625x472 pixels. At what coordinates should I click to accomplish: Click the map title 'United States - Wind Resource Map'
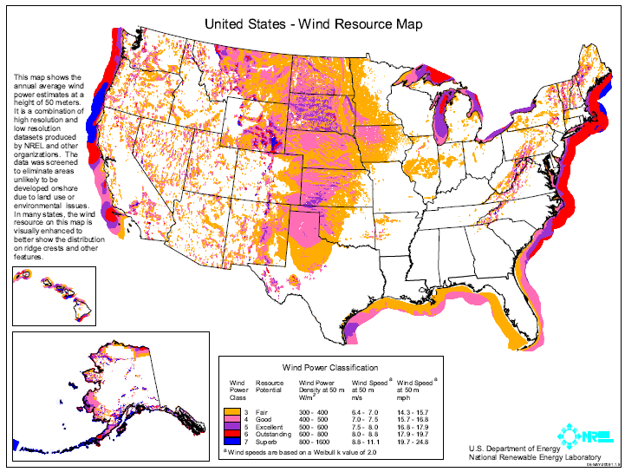[x=313, y=24]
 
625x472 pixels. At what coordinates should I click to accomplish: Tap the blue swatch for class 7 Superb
[x=232, y=442]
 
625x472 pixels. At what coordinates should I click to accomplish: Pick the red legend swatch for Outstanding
[x=232, y=434]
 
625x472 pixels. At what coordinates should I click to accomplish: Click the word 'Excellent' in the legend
[x=270, y=426]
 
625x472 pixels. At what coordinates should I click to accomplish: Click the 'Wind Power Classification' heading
[x=329, y=368]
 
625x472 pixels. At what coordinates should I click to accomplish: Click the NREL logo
[x=577, y=433]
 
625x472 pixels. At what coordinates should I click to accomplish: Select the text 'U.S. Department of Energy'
[x=511, y=449]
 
